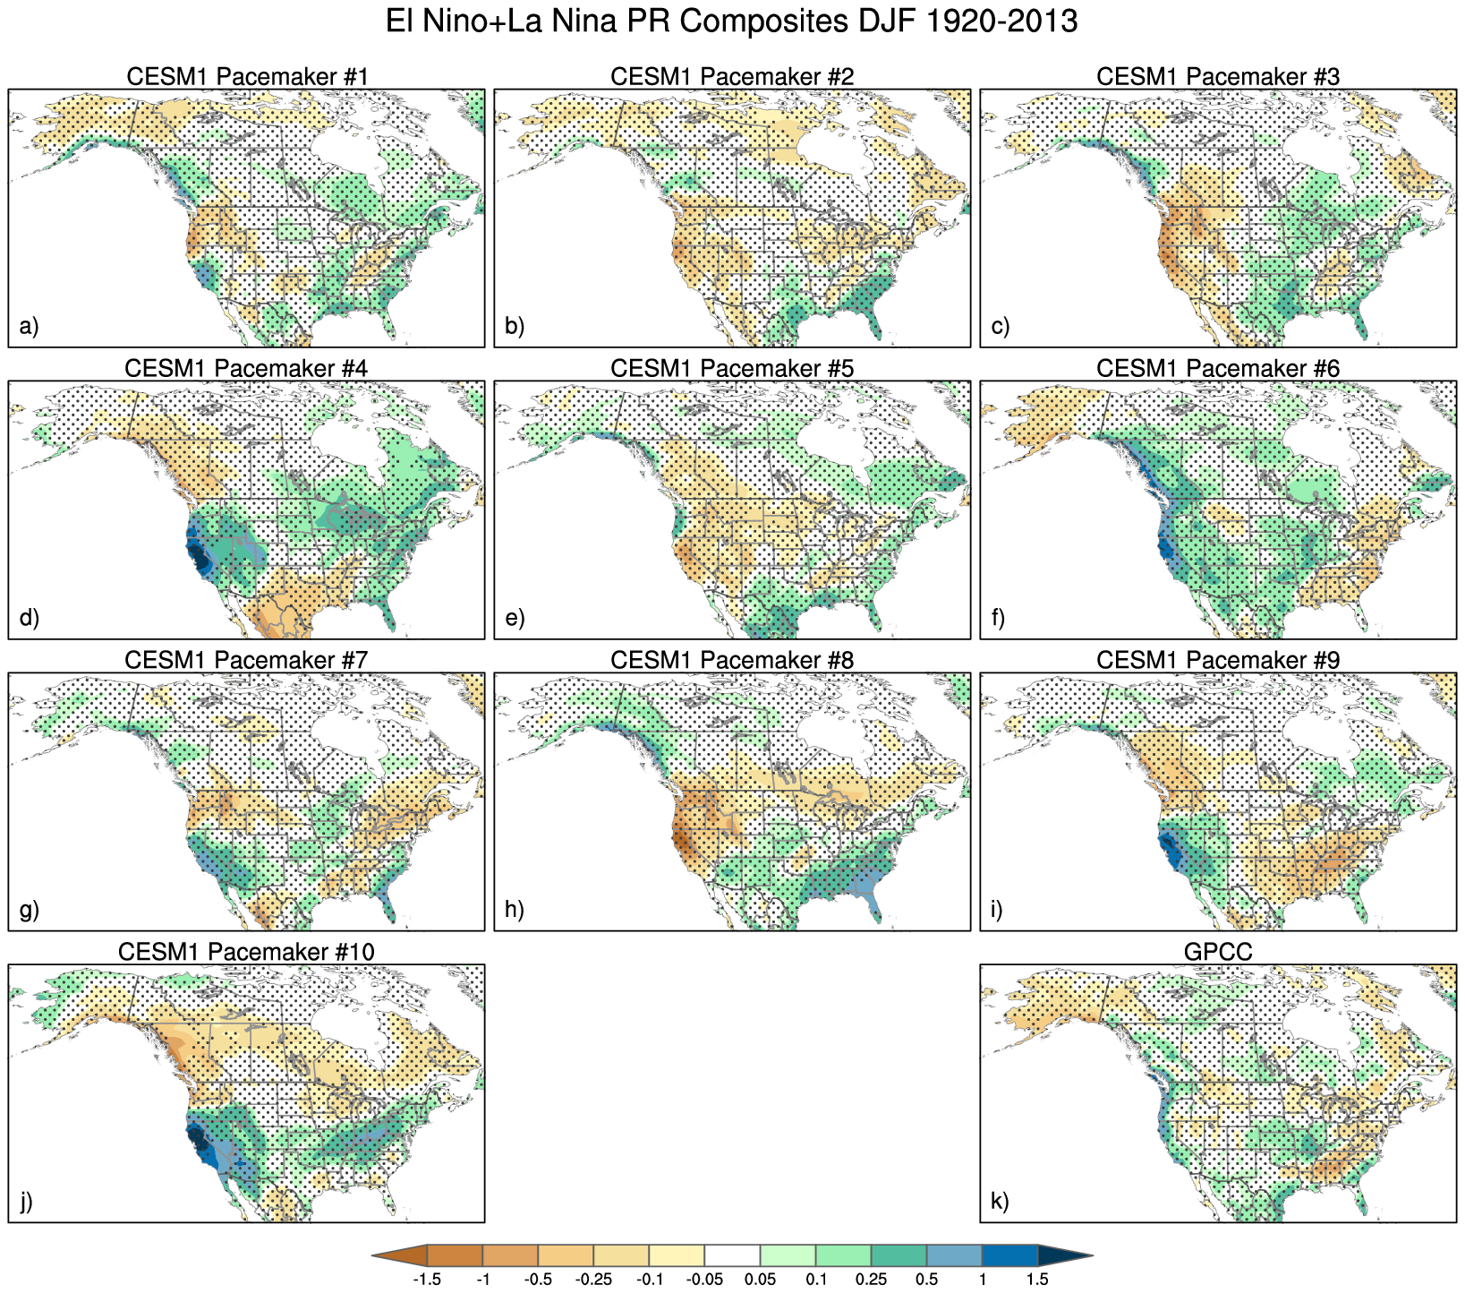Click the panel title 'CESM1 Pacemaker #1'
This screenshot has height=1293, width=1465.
[247, 76]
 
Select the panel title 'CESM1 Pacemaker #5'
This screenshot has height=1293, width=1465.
[732, 368]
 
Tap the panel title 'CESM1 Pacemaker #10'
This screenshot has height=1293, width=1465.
[246, 951]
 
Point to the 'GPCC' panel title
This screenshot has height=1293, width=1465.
[1218, 951]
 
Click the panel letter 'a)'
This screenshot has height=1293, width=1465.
[29, 326]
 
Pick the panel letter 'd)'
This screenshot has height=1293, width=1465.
[29, 618]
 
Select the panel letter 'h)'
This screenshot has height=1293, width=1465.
[514, 910]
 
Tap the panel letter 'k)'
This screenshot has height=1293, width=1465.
[1001, 1202]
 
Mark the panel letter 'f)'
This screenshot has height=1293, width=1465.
[999, 618]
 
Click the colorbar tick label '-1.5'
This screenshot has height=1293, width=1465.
[427, 1280]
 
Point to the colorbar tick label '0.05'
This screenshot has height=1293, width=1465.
[760, 1280]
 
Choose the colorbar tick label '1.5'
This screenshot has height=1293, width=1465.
[1037, 1280]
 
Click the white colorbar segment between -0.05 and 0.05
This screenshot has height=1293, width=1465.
[732, 1255]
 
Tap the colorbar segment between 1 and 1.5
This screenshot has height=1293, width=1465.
[1009, 1255]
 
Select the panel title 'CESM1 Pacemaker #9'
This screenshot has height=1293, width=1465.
[1218, 660]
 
